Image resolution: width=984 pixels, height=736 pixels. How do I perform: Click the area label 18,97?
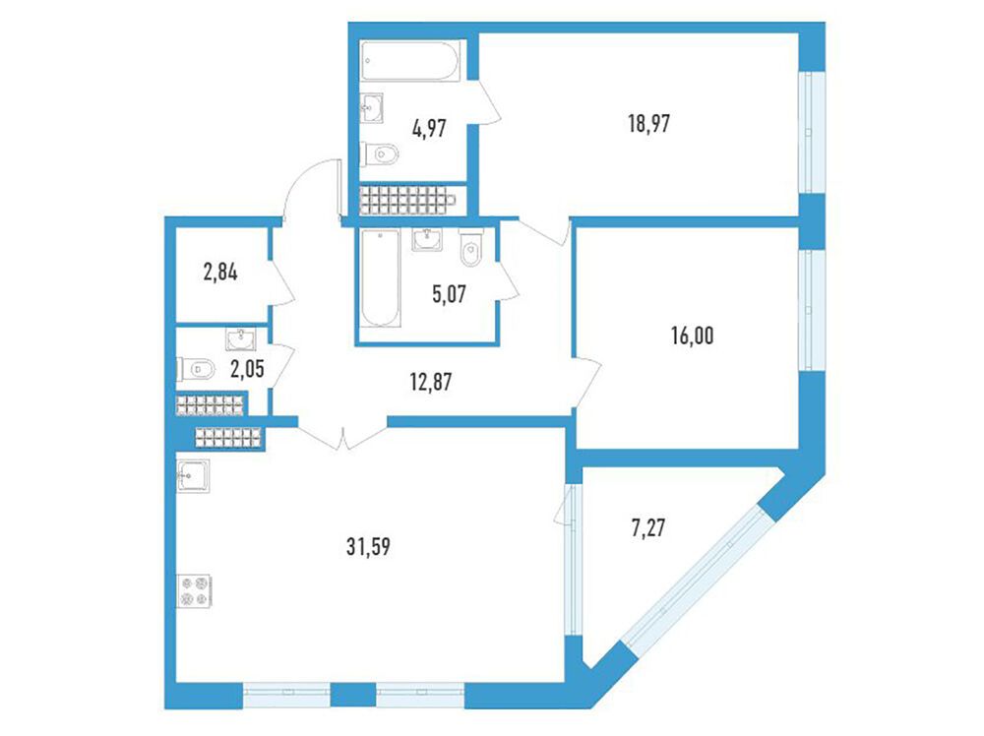click(648, 124)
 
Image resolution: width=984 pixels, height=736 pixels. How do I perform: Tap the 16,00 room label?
click(692, 337)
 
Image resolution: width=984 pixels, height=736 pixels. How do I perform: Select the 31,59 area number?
click(368, 546)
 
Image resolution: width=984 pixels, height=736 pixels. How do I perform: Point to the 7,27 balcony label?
click(647, 527)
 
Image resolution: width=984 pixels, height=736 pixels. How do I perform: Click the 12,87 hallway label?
click(431, 381)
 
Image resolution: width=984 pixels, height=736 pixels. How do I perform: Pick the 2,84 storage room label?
click(220, 273)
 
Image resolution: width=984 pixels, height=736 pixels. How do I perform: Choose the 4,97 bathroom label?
click(429, 128)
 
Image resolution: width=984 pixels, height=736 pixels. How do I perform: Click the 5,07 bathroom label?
click(450, 293)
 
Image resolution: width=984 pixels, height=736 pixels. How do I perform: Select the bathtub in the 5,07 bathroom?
click(380, 277)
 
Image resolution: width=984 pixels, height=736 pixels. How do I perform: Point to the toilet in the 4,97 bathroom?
click(380, 153)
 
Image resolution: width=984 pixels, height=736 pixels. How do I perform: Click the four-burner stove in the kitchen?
click(195, 591)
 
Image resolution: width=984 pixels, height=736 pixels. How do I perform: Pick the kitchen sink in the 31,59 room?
click(193, 476)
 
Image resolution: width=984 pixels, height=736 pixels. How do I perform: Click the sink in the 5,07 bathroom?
click(427, 240)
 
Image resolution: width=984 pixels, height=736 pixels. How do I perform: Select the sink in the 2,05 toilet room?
click(241, 339)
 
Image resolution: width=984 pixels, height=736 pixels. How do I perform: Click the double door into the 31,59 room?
click(342, 437)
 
